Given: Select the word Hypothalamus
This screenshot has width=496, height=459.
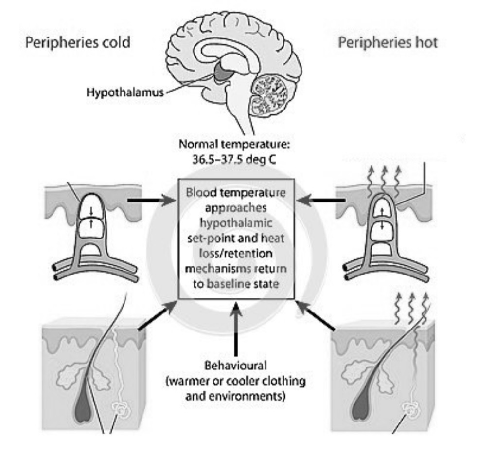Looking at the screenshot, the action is point(125,92).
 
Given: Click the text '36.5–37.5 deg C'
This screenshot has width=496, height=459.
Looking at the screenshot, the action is point(234,159).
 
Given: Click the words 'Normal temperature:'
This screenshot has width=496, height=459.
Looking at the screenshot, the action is point(234,145).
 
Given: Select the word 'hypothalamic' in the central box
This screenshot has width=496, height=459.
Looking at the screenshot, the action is point(236,223).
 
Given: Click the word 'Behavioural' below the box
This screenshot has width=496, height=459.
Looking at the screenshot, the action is point(236,366).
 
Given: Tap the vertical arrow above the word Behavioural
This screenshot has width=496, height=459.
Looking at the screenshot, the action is point(236,329).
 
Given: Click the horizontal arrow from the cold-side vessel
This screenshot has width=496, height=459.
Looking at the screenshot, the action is point(152,200).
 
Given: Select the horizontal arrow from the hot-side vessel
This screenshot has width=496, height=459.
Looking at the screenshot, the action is point(321,200).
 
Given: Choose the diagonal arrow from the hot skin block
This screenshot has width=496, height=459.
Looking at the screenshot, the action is point(315,315).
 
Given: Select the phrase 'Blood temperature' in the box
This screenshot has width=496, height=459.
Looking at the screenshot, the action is point(236,192).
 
